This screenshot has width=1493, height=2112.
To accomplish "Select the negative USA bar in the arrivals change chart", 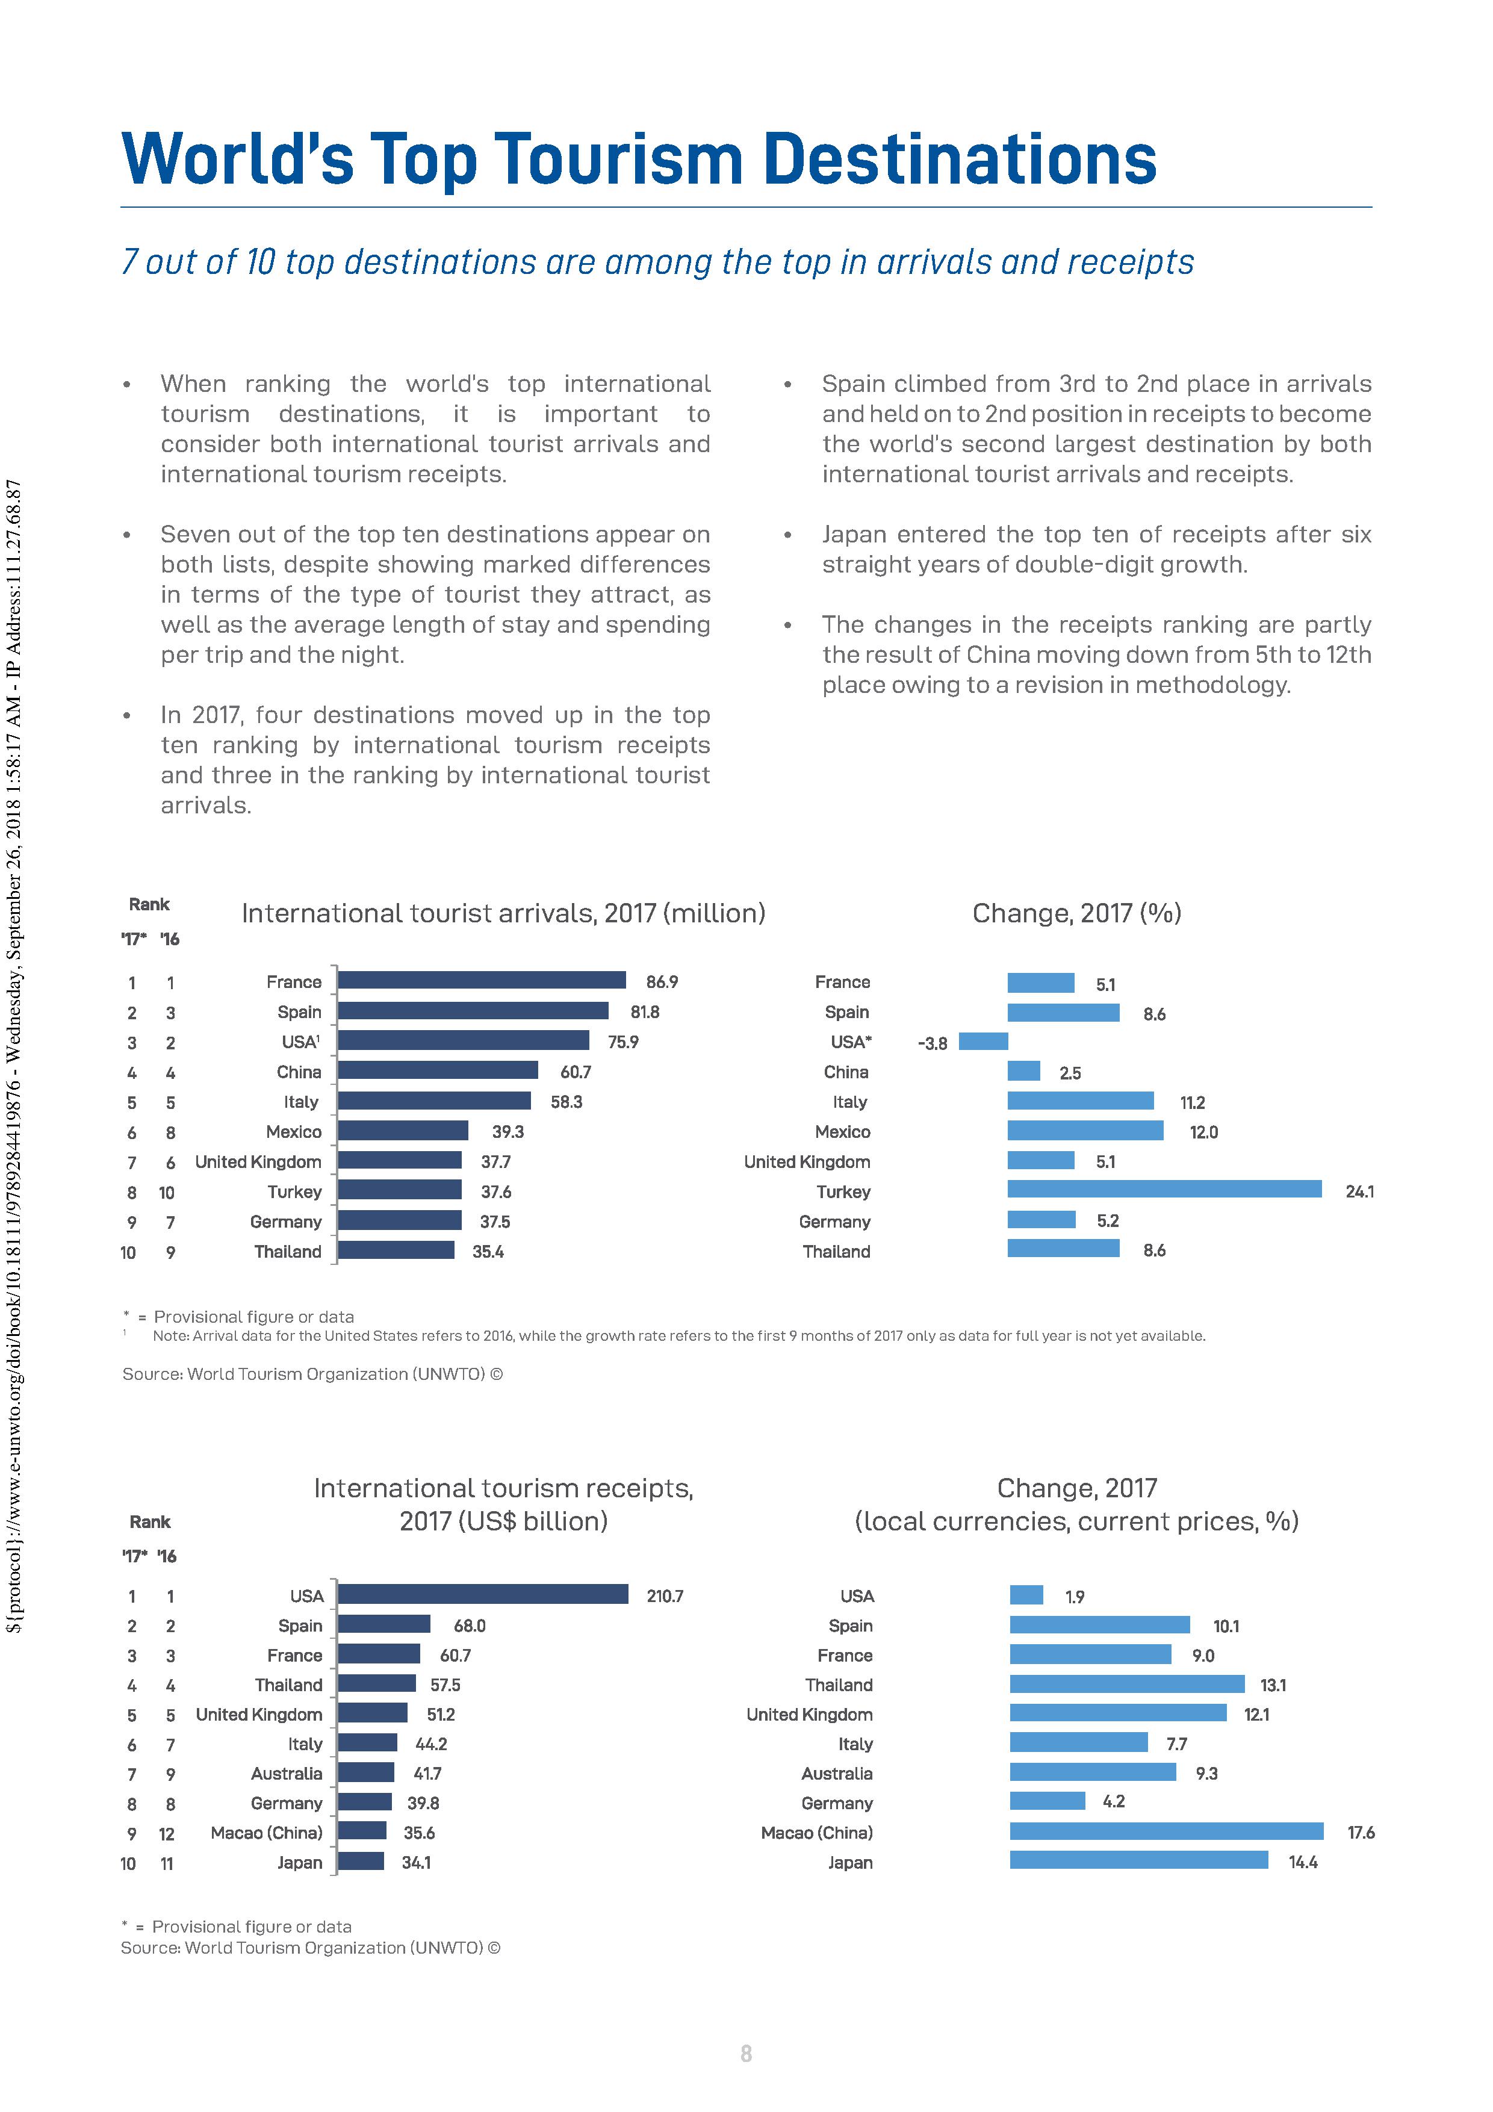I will (982, 1042).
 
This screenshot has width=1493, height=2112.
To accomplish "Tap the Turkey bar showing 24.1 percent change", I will (1164, 1190).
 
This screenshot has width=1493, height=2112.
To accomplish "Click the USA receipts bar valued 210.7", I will (483, 1594).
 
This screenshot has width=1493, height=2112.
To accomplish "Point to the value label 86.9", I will (662, 983).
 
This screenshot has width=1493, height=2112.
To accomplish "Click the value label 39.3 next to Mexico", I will (507, 1131).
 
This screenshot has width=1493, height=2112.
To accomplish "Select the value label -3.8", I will (932, 1044).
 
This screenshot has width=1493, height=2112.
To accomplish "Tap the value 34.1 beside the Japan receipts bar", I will (416, 1862).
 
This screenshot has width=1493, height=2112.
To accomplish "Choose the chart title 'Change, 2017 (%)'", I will (1076, 913).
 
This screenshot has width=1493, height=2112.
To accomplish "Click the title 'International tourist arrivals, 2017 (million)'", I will (503, 913).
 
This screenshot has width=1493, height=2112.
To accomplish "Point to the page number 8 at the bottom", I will (746, 2052).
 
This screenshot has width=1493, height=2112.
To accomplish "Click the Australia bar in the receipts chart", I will (366, 1772).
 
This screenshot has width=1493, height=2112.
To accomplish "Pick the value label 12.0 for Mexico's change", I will (1203, 1132).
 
